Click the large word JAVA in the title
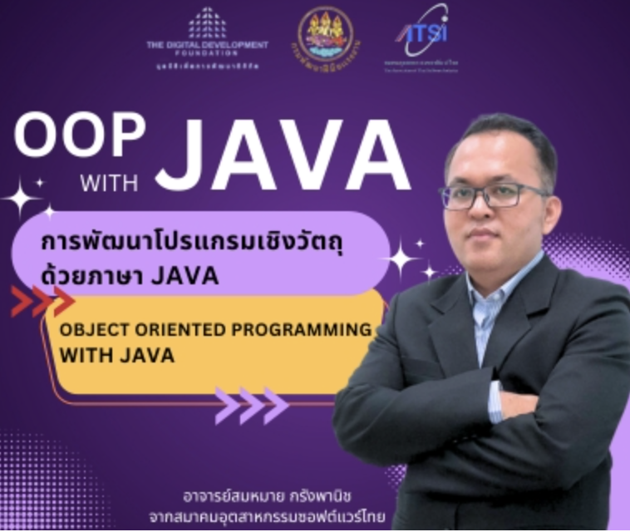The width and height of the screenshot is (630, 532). (283, 155)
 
